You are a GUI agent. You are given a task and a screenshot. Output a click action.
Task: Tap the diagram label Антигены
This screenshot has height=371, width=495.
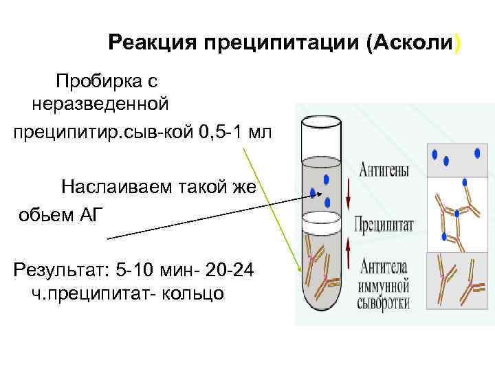(x=385, y=167)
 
